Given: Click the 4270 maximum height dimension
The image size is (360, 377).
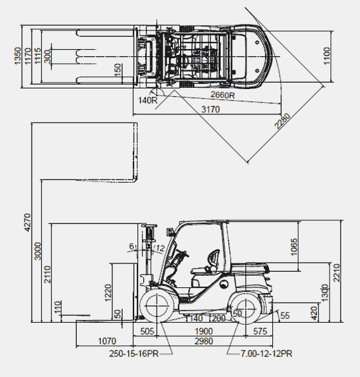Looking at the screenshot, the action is coord(27,223).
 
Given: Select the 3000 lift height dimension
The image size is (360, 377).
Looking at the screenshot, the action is coord(37,251).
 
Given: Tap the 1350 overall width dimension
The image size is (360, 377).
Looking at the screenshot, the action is coord(17,56).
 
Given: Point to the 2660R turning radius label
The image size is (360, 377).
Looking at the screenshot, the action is coord(223,95).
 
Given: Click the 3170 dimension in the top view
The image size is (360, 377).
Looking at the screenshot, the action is coord(210,109).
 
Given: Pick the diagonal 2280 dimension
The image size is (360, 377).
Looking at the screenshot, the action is coord(283,121).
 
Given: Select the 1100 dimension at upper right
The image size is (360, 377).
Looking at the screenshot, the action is coord(326,56).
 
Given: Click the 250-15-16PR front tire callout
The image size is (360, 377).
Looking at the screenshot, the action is coord(134,354).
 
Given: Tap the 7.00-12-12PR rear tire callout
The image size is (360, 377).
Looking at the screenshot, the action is coord(266,354).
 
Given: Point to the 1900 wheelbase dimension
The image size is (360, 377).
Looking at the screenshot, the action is coord(204,331).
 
